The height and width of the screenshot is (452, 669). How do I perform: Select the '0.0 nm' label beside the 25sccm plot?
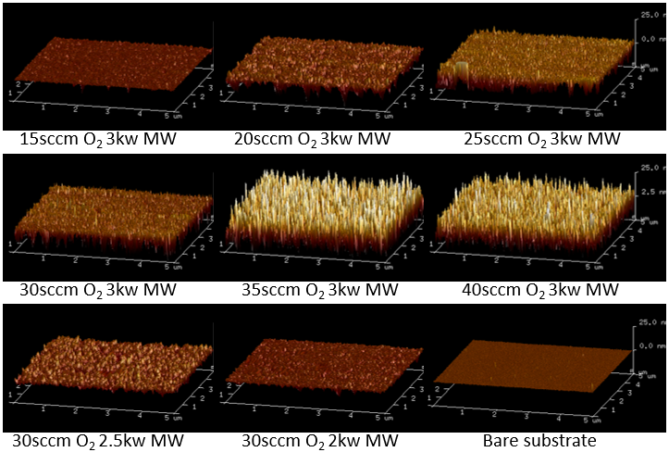point(648,39)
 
